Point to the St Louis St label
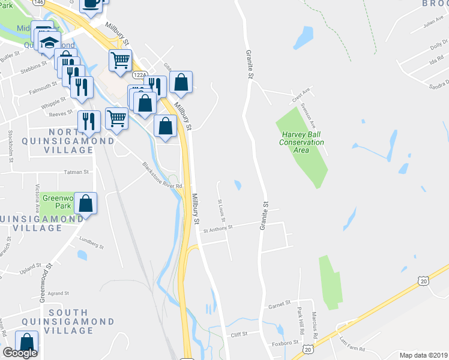tap(221, 209)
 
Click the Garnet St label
tap(279, 304)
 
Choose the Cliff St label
tap(239, 335)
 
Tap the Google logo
tap(20, 353)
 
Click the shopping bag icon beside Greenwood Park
tap(86, 203)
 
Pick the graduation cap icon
tap(50, 43)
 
